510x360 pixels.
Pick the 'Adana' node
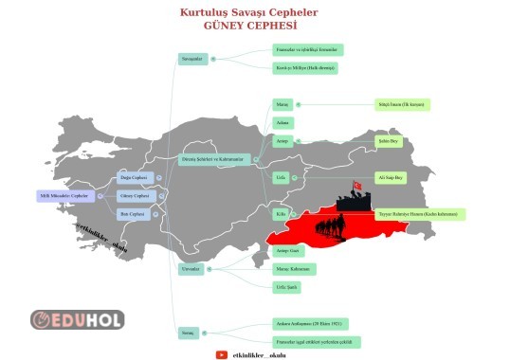click(x=282, y=122)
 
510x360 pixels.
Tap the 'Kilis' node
click(x=282, y=214)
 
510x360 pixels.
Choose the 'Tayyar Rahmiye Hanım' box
click(x=420, y=214)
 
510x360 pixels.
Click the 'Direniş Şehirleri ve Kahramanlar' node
click(x=215, y=159)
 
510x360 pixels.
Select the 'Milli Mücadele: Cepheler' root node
click(x=63, y=196)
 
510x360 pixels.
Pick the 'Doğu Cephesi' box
click(x=134, y=177)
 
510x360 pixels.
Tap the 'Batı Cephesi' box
click(x=134, y=214)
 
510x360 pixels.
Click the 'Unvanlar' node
click(x=191, y=269)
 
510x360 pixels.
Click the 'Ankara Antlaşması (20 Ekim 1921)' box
click(x=310, y=324)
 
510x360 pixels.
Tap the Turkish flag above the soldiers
click(x=357, y=186)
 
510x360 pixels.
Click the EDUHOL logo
click(x=78, y=319)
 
